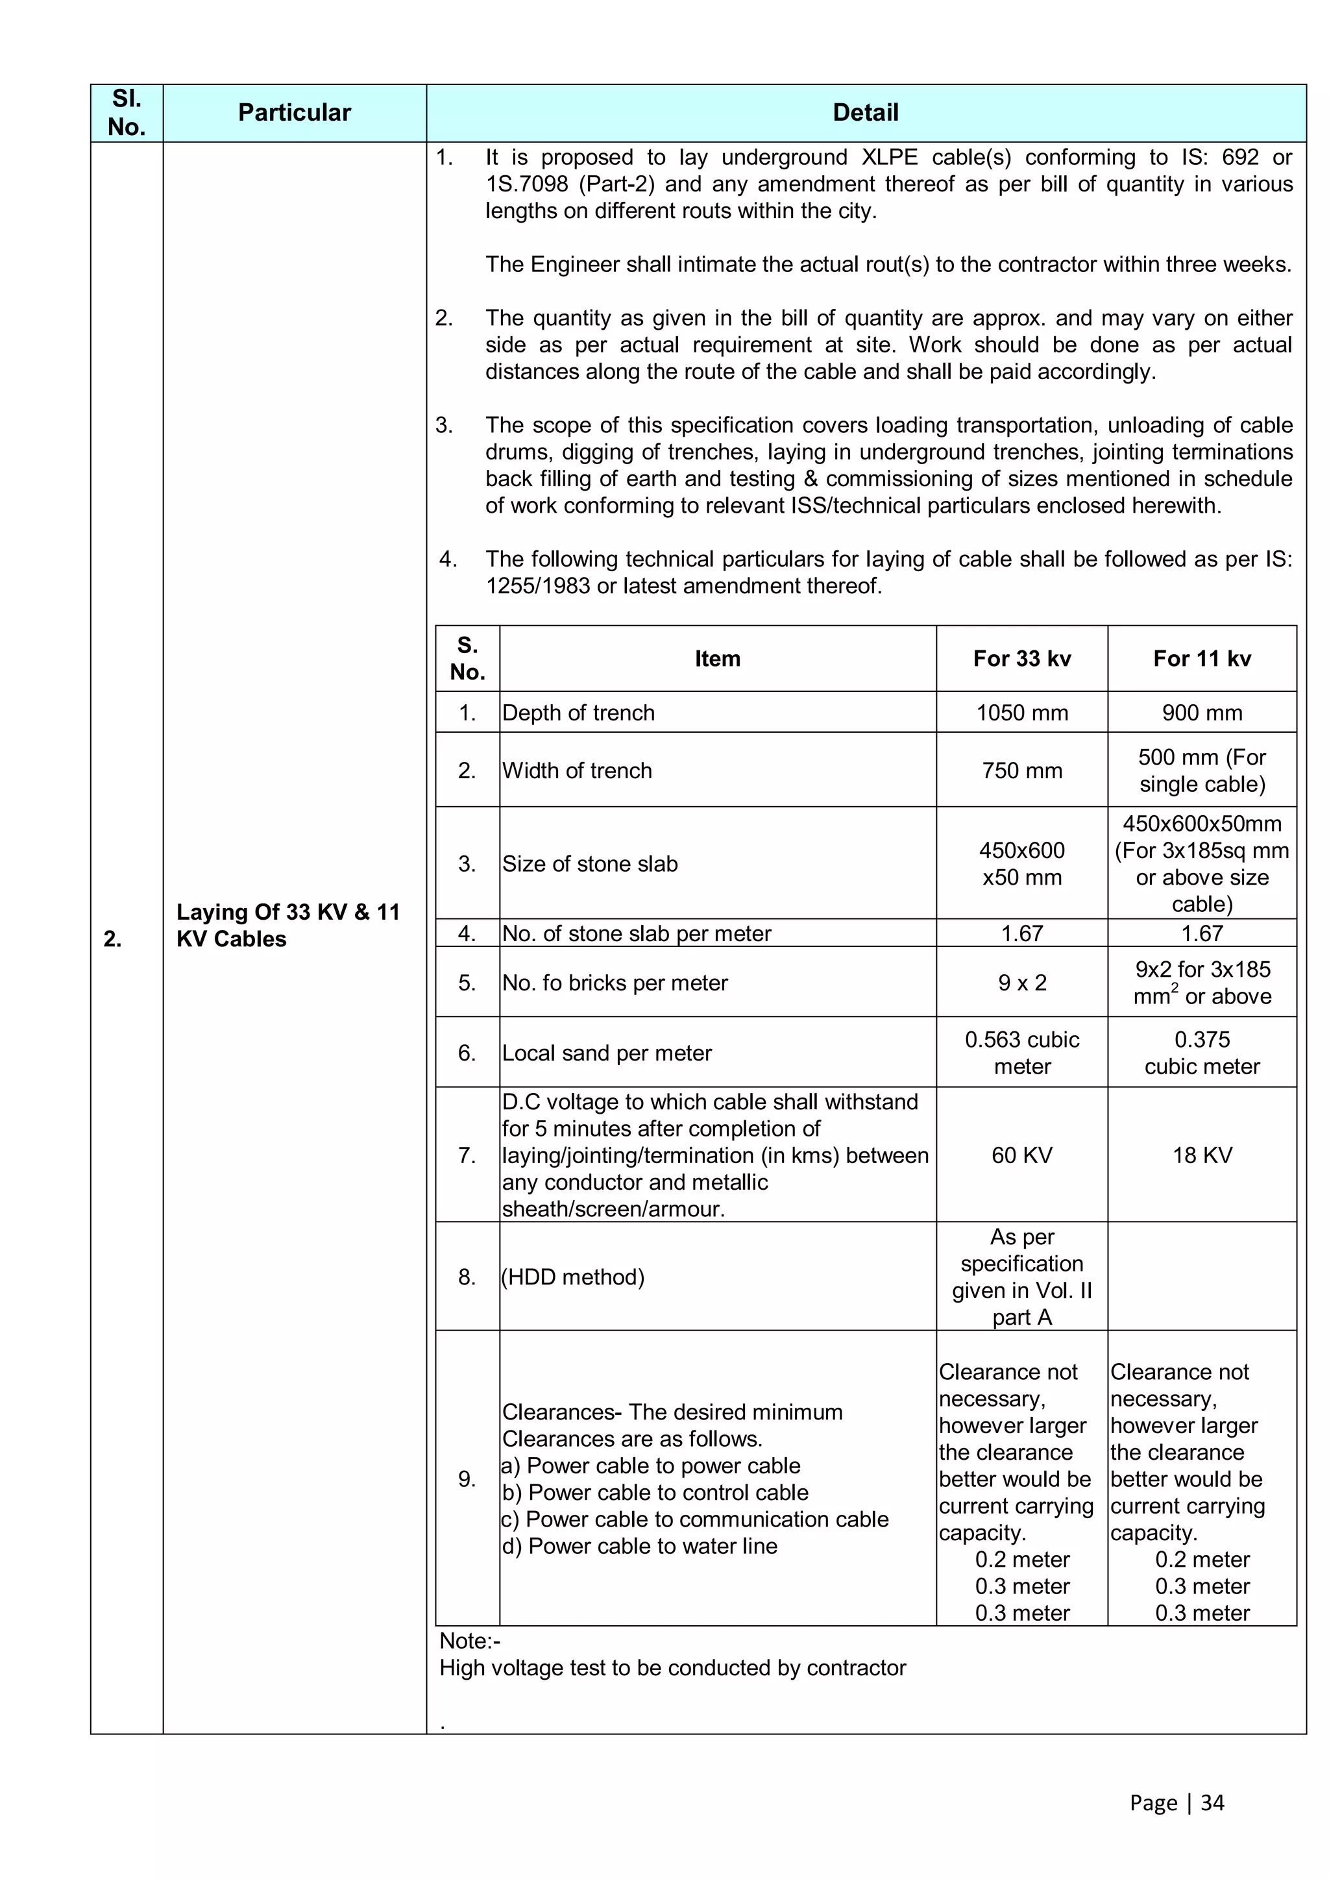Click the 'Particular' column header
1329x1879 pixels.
coord(294,113)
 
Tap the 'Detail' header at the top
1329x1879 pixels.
coord(865,113)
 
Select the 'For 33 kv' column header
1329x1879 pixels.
coord(1021,659)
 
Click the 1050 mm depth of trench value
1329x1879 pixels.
coord(1021,713)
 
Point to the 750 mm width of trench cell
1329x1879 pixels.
coord(1021,771)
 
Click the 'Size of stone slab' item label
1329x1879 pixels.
coord(590,864)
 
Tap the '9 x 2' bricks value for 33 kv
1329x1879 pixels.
coord(1021,983)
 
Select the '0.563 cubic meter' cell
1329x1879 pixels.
coord(1021,1053)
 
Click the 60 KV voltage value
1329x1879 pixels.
coord(1021,1155)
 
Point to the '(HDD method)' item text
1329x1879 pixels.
coord(573,1277)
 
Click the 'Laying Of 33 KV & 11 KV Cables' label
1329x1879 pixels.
coord(288,926)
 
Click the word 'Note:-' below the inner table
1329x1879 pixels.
coord(470,1641)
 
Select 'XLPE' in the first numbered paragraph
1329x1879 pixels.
coord(890,157)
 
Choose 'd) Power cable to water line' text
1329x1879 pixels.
coord(639,1546)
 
